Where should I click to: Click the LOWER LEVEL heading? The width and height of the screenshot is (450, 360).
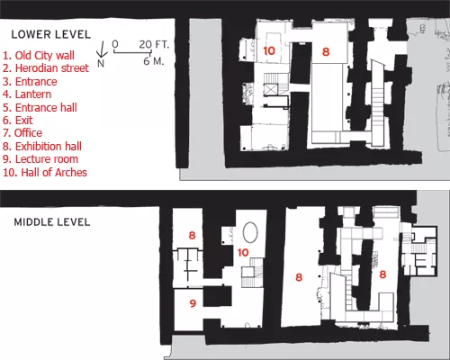click(x=51, y=34)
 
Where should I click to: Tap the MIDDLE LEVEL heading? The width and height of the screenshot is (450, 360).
click(x=52, y=222)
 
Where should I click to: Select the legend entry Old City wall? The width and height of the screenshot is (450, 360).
click(x=39, y=56)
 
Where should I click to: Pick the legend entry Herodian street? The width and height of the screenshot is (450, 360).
click(x=46, y=68)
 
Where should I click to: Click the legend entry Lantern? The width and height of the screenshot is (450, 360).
click(x=27, y=94)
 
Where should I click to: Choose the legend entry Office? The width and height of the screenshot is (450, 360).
click(x=22, y=133)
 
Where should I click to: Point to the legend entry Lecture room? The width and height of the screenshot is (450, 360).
click(x=40, y=159)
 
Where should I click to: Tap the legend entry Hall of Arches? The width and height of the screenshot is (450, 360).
click(x=45, y=173)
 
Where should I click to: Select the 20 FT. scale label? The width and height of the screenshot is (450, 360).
click(x=154, y=44)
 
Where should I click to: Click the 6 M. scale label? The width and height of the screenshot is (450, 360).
click(x=154, y=61)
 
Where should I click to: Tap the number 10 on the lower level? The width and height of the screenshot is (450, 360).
click(x=269, y=50)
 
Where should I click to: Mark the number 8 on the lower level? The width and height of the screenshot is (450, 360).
click(x=326, y=51)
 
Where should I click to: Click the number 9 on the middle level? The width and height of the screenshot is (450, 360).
click(x=193, y=303)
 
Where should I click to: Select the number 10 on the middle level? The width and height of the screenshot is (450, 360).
click(x=243, y=253)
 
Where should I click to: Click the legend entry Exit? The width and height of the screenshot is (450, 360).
click(x=18, y=121)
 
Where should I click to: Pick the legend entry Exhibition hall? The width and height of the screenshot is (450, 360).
click(x=42, y=147)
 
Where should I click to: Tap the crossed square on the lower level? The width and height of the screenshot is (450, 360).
click(x=271, y=90)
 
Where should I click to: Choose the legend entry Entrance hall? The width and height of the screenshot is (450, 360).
click(x=40, y=107)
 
